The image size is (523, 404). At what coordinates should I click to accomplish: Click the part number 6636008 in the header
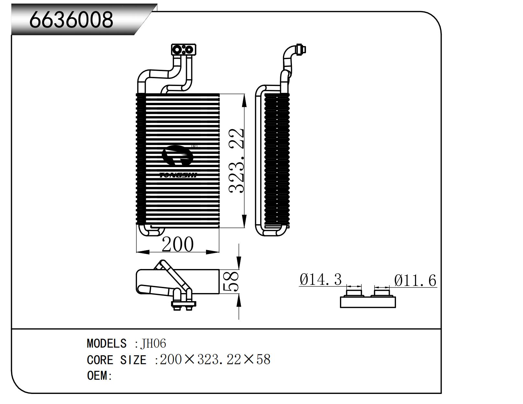[x=71, y=19]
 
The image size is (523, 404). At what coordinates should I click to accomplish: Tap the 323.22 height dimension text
[x=237, y=161]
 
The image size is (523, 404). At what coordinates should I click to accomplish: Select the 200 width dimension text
[x=177, y=244]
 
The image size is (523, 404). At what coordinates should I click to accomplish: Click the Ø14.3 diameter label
[x=320, y=279]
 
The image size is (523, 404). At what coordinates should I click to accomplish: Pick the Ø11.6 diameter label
[x=415, y=280]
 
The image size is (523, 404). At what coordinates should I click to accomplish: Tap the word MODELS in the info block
[x=107, y=343]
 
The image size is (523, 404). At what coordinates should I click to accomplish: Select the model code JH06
[x=153, y=343]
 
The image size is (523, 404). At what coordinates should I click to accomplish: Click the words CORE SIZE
[x=116, y=360]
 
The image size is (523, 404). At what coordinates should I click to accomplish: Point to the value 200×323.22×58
[x=215, y=360]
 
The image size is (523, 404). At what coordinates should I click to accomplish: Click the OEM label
[x=97, y=376]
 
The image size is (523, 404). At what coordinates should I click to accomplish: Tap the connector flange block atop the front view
[x=183, y=50]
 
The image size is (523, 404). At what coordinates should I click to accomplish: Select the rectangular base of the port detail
[x=368, y=302]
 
